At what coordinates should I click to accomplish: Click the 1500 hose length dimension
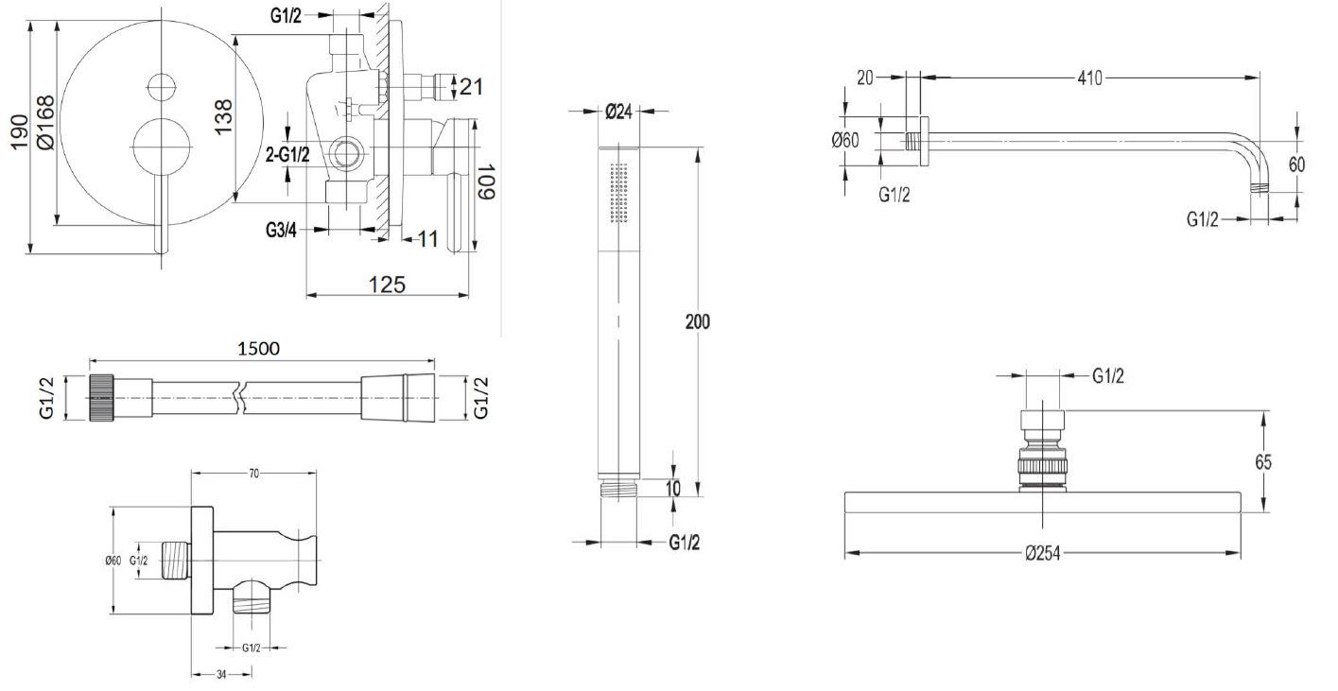pos(259,348)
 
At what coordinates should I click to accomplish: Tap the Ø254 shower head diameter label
pos(1042,554)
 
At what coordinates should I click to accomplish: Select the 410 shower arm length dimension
pos(1089,78)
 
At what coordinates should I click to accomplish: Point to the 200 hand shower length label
pos(698,322)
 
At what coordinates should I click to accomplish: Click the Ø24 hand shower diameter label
pos(618,112)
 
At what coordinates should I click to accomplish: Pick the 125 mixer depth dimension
pos(387,285)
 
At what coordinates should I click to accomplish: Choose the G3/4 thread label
pos(281,230)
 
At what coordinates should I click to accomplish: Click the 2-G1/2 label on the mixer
pos(287,155)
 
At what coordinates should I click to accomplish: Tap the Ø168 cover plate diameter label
pos(45,123)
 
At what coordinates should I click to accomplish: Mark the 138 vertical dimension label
pos(223,117)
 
